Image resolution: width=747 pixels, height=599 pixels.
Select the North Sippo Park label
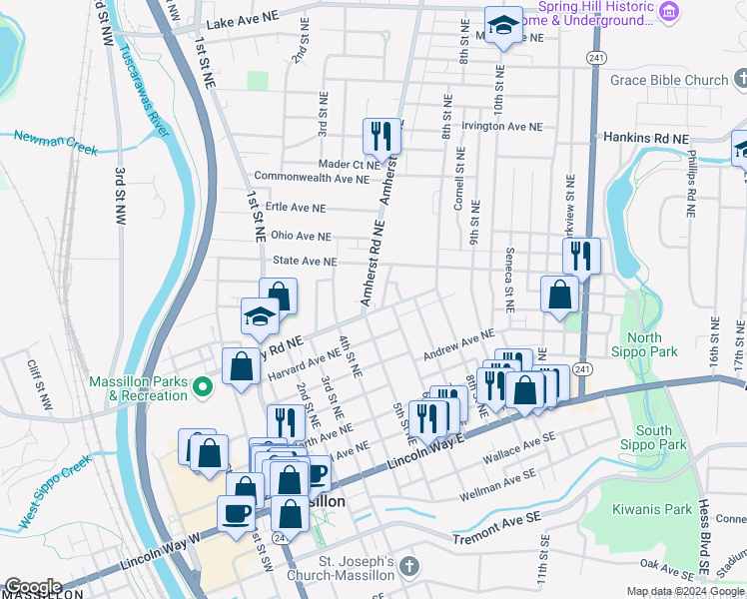[647, 344]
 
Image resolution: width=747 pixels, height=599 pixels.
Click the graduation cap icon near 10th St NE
[502, 24]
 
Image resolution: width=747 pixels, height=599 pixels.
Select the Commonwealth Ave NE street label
[312, 177]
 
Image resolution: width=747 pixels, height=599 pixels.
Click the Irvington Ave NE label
[501, 127]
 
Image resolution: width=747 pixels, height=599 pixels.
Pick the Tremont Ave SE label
[495, 538]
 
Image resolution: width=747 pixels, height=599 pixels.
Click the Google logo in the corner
[32, 587]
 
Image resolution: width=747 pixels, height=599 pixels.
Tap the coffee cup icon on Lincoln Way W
[236, 513]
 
